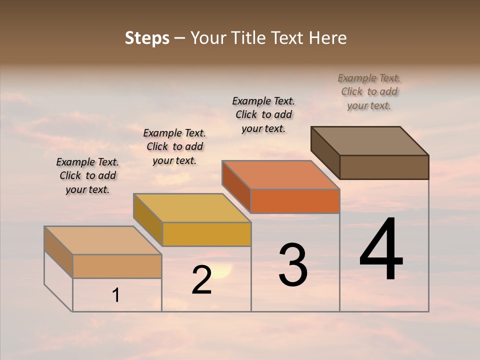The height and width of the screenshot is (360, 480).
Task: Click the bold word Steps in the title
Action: click(x=147, y=38)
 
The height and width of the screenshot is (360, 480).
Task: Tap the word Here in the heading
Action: click(x=327, y=38)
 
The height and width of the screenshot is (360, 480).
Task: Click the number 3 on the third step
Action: click(x=293, y=265)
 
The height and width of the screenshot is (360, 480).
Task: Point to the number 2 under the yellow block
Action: click(x=201, y=280)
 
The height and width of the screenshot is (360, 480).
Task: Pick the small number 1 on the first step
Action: click(x=116, y=295)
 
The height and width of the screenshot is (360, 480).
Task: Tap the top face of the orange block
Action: click(x=280, y=175)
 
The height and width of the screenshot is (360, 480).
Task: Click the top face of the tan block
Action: click(x=103, y=240)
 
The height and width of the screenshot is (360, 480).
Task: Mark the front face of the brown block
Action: click(x=384, y=167)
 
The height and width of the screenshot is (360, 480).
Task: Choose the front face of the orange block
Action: click(x=295, y=201)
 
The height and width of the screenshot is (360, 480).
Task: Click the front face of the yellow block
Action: click(x=206, y=234)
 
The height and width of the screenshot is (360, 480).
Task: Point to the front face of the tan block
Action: click(x=117, y=266)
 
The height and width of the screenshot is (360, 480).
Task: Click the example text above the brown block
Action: click(x=369, y=91)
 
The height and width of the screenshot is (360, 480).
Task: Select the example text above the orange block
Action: click(x=263, y=114)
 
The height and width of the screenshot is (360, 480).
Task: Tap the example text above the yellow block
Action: click(x=174, y=146)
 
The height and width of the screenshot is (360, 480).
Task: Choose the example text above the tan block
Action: click(x=87, y=175)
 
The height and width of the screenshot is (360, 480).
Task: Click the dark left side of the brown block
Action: click(x=325, y=152)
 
